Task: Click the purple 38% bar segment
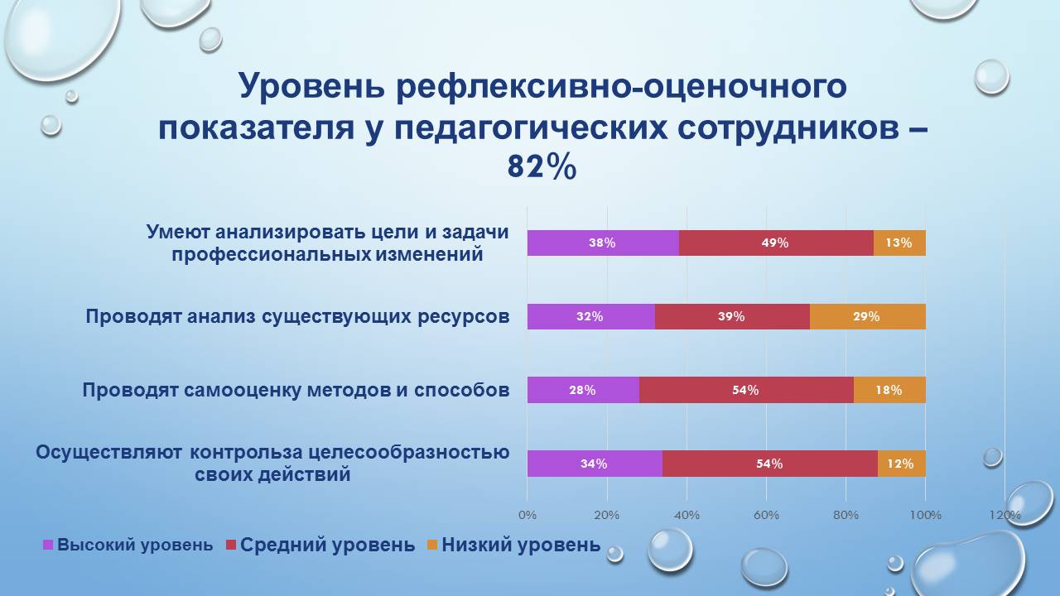click(603, 243)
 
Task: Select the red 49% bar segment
click(776, 243)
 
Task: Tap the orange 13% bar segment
click(899, 243)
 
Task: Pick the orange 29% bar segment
click(867, 316)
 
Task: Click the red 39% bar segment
click(732, 316)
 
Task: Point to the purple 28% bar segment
click(583, 390)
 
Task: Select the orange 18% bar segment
click(889, 390)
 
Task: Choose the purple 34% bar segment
click(595, 464)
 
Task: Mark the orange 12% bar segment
click(901, 464)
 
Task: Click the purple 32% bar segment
click(591, 316)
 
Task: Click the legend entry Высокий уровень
click(128, 546)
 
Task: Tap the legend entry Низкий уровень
click(513, 546)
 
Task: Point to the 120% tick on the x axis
click(1005, 515)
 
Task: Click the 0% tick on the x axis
click(528, 515)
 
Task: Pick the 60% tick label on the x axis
click(767, 515)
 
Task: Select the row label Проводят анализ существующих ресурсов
click(297, 316)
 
